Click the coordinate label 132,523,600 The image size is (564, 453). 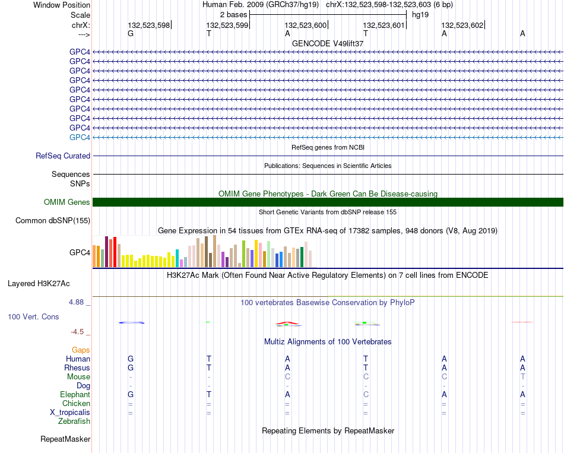point(305,25)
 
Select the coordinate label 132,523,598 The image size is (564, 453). point(148,25)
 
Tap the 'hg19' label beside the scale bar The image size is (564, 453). point(420,15)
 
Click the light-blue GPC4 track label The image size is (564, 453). point(80,137)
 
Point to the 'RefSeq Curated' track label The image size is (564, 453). point(63,156)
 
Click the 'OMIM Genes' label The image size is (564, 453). point(67,202)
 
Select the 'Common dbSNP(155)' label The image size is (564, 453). point(53,221)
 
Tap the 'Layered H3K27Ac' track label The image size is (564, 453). point(39,284)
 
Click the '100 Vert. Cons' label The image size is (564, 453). point(33,316)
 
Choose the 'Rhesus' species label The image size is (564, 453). point(77,368)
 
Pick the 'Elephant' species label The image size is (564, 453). point(75,395)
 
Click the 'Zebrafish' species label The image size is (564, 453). point(74,422)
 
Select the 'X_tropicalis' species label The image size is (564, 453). point(70,413)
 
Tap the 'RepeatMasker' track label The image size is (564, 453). point(65,439)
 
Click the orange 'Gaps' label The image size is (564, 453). point(81,350)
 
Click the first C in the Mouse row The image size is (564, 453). point(287,377)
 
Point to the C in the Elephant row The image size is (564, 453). point(366,394)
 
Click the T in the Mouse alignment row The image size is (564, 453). point(522,377)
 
